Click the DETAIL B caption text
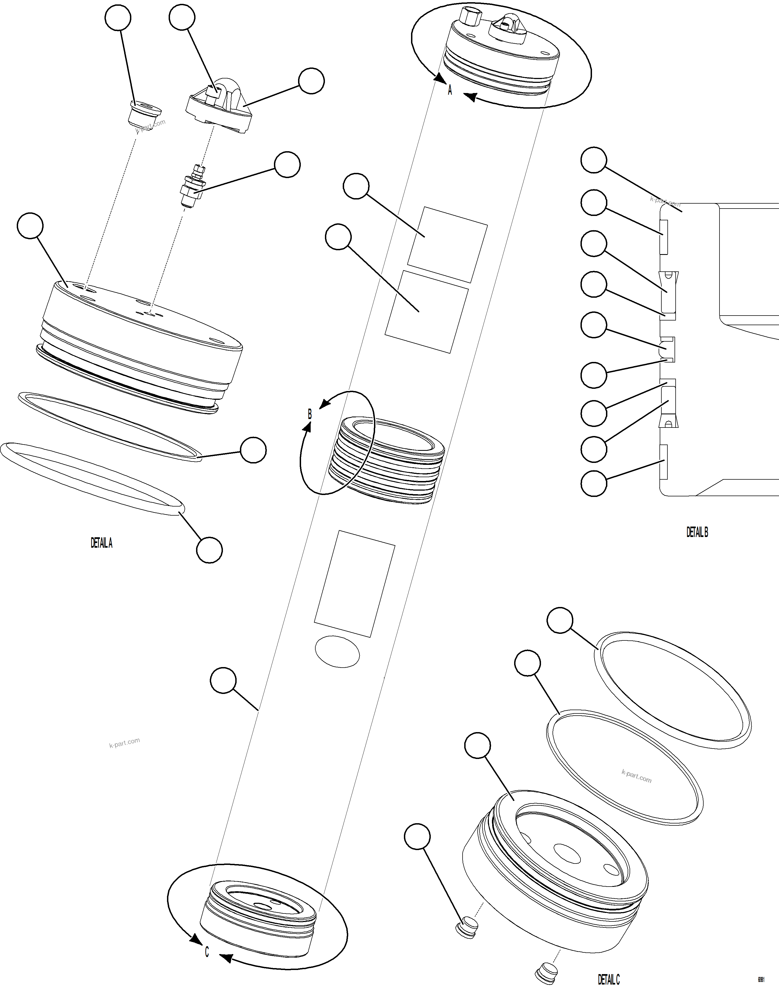[x=697, y=532]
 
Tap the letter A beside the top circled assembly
[x=450, y=90]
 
